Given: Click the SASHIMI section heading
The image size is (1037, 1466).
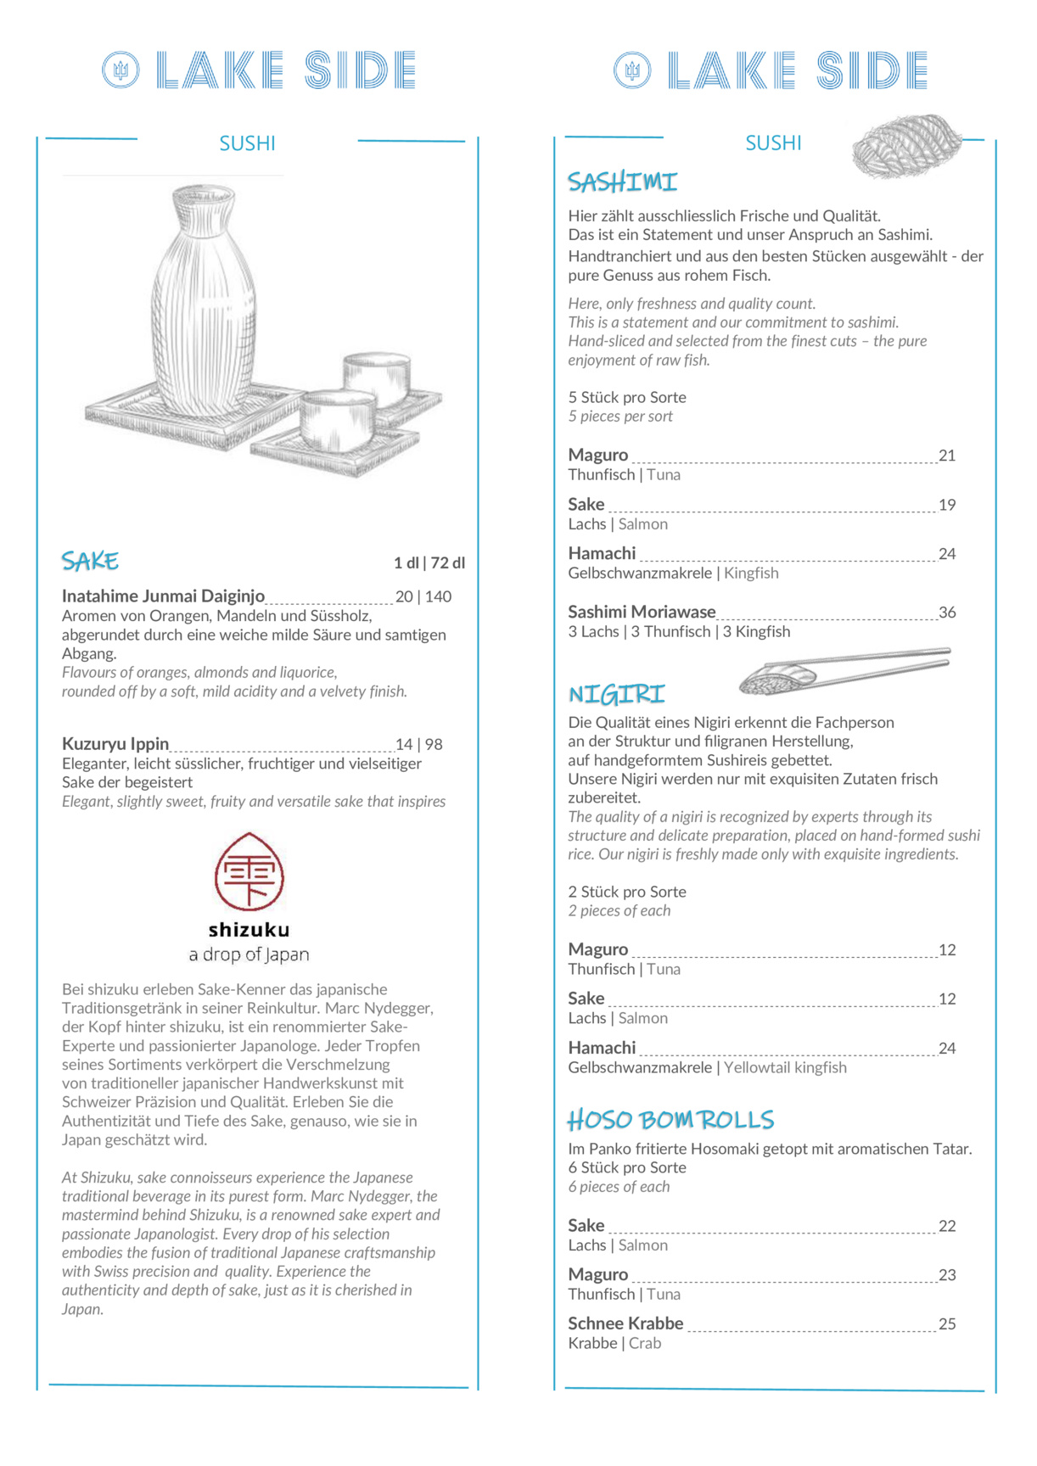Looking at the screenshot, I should click(622, 182).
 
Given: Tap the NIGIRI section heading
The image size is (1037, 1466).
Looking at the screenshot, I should click(616, 695).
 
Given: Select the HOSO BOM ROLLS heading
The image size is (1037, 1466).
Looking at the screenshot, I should click(670, 1120).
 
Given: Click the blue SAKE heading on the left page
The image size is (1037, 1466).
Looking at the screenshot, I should click(90, 561).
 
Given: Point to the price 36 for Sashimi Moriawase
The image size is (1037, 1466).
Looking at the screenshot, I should click(947, 613).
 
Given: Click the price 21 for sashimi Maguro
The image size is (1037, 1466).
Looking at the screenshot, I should click(947, 456).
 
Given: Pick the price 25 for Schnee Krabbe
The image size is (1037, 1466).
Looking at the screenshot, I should click(947, 1324).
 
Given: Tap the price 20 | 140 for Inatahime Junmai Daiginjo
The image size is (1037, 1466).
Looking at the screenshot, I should click(423, 596).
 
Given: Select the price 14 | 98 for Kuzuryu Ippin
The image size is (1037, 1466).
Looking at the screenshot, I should click(419, 744).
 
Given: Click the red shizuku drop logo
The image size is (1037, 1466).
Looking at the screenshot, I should click(249, 872).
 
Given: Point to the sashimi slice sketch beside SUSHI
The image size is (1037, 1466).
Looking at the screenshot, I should click(906, 146).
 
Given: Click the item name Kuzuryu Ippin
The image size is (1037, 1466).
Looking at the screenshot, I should click(115, 744).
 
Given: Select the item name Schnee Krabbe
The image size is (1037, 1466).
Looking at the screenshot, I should click(625, 1323).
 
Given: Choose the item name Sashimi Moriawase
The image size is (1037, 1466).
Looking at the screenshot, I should click(642, 612).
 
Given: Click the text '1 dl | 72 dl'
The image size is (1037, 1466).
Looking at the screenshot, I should click(429, 562).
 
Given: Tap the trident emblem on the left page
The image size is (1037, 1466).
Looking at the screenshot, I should click(121, 70).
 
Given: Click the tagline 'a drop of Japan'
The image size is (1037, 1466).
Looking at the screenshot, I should click(249, 954).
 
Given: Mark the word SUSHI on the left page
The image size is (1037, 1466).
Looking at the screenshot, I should click(247, 143).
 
